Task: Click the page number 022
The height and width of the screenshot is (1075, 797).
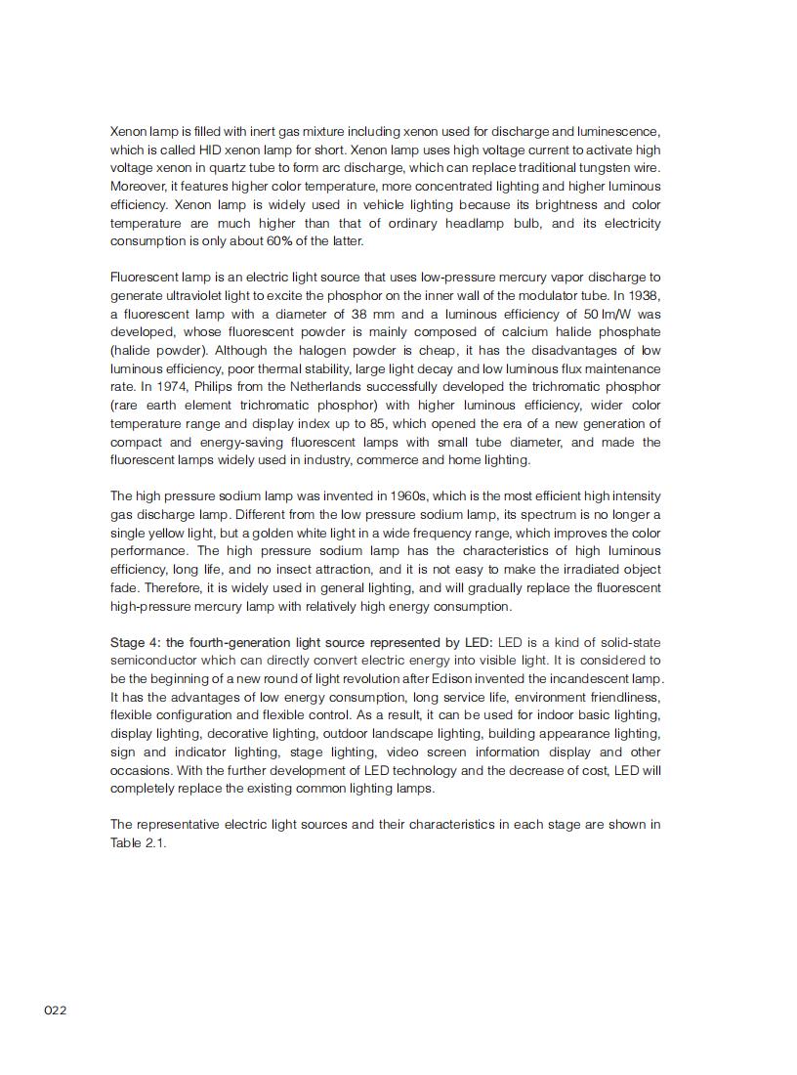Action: click(x=55, y=1010)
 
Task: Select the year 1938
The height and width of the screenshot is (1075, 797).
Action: click(x=642, y=295)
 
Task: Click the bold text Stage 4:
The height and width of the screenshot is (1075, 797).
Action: click(x=138, y=642)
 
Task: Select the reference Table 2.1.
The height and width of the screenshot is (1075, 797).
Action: click(x=138, y=842)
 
